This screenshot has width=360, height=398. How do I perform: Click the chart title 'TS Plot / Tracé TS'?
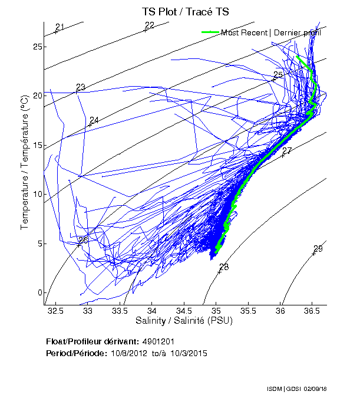click(x=185, y=11)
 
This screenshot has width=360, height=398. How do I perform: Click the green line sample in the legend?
click(x=210, y=32)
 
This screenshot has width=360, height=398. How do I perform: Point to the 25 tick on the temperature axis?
click(x=37, y=47)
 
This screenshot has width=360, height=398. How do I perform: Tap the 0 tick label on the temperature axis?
click(x=39, y=292)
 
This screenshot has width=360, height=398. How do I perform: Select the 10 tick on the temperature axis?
click(x=37, y=194)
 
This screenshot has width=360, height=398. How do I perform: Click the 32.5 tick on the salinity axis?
click(x=56, y=310)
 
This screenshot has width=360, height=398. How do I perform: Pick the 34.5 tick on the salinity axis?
click(x=184, y=310)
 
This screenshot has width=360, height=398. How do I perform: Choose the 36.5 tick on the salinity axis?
click(x=313, y=310)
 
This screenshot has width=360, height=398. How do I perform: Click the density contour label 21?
click(x=60, y=27)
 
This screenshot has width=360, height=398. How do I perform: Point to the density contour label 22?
click(x=149, y=25)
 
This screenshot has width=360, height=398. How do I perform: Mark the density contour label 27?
click(x=287, y=152)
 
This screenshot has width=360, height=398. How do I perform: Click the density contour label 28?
click(x=224, y=267)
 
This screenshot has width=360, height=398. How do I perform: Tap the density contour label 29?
click(x=318, y=248)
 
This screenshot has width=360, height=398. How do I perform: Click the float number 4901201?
click(x=158, y=341)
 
